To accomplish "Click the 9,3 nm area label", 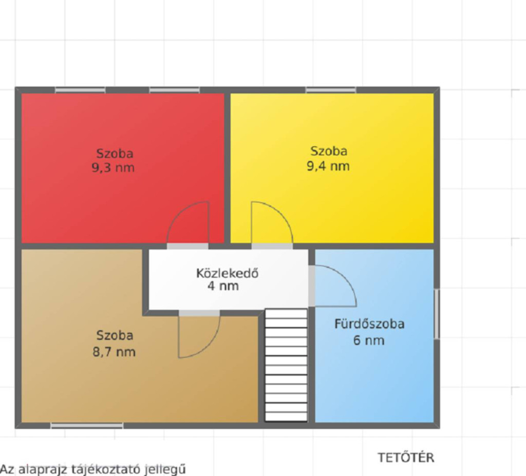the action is click(x=113, y=167).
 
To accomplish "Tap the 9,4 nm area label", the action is click(x=328, y=166).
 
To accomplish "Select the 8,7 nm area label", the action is click(x=114, y=352).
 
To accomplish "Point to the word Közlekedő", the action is click(x=227, y=273).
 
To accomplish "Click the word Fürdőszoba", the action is click(x=369, y=324).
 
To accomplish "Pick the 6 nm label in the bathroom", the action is click(x=369, y=340).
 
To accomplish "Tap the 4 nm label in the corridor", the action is click(x=223, y=286).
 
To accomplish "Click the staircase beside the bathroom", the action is click(x=286, y=365).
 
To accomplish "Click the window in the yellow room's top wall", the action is click(x=331, y=90).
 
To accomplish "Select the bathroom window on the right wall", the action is click(x=437, y=314).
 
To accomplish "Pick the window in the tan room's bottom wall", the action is click(x=87, y=426).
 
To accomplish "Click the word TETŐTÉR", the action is click(x=406, y=458).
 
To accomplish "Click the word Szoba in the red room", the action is click(x=115, y=154).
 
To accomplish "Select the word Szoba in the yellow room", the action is click(x=329, y=151).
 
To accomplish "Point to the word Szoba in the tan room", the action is click(x=115, y=335).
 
